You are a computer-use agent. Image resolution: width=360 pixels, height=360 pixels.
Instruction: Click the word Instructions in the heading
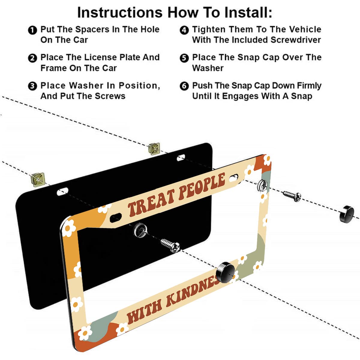click(119, 13)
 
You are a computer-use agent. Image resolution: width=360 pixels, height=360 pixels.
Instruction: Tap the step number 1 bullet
click(32, 30)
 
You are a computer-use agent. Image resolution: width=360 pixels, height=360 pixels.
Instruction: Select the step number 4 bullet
click(184, 30)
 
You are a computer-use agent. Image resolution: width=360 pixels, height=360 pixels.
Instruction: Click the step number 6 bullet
click(184, 86)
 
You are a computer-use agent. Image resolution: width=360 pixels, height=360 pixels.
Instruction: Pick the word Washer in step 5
click(208, 68)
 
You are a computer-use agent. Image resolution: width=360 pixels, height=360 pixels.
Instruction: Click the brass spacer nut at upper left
click(38, 179)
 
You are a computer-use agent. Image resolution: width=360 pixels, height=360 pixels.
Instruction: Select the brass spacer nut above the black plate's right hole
click(154, 148)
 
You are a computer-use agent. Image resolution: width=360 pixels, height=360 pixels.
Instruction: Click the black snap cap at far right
click(346, 214)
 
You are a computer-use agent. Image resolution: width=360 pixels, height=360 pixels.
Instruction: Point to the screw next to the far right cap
click(291, 196)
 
